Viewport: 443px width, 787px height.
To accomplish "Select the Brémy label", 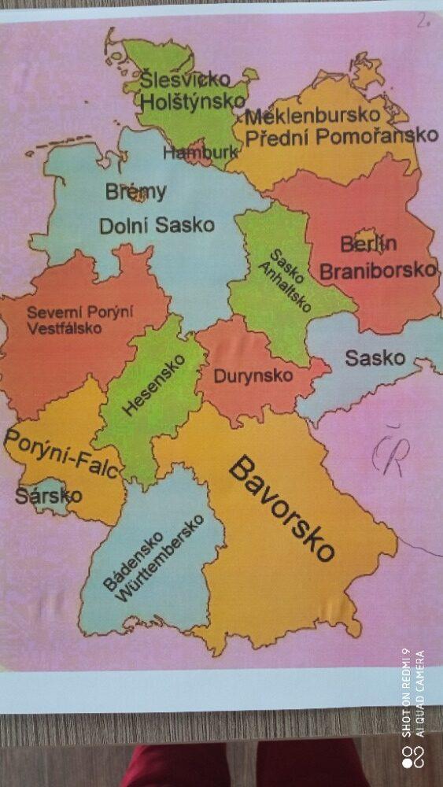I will (136, 191).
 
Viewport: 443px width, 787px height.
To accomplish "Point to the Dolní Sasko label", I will (157, 225).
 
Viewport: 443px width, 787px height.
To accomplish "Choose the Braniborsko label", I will (378, 270).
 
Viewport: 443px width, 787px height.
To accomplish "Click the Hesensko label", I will (154, 385).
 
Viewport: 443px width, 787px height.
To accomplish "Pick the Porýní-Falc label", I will (62, 454).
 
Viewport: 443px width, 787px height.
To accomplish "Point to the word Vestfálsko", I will (64, 328).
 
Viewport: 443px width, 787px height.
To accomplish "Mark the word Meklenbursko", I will (313, 116).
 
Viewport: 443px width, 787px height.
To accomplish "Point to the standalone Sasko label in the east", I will (375, 359).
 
